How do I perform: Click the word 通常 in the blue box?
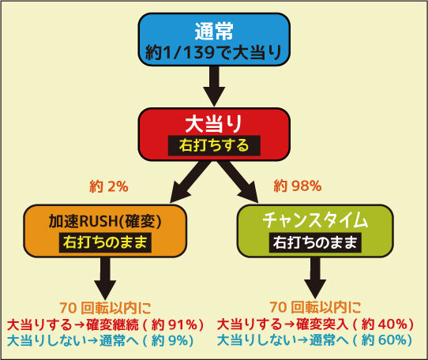pos(214,31)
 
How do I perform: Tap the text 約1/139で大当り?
pos(214,52)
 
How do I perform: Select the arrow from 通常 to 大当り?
pos(214,86)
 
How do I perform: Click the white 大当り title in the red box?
pos(214,124)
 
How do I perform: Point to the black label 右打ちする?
pos(214,145)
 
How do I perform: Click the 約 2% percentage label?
pos(109,186)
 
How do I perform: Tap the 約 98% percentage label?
pos(298,186)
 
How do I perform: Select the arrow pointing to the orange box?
pos(189,182)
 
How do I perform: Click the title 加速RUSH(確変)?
pos(105,221)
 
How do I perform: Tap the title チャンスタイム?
pos(315,220)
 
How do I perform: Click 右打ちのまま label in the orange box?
pos(105,242)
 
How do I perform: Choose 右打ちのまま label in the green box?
pos(315,242)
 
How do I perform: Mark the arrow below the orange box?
pos(105,279)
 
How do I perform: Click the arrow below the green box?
pos(315,279)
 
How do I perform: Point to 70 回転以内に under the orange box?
pos(105,308)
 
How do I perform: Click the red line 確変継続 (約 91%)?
pos(105,324)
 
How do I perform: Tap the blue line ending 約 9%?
pos(100,340)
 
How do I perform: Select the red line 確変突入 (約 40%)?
pos(315,324)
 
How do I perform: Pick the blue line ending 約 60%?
pos(314,340)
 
